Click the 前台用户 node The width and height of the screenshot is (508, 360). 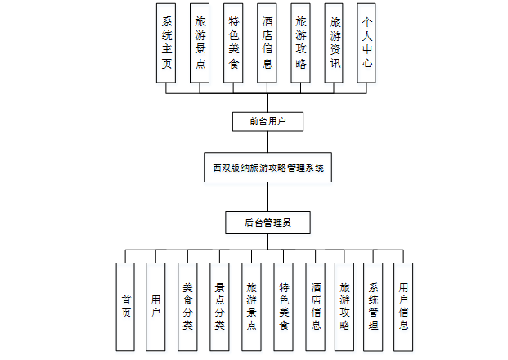(268, 121)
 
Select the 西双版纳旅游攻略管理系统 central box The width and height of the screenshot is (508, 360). (268, 169)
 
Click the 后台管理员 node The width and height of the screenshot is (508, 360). (268, 222)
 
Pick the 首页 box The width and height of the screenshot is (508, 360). (125, 306)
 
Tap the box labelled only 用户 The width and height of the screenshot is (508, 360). (155, 306)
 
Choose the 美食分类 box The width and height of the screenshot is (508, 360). (187, 306)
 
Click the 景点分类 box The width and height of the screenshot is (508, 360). (219, 306)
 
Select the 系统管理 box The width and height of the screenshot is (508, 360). (373, 306)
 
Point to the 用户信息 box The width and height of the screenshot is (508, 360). (403, 306)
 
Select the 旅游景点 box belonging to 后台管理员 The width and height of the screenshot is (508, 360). (251, 306)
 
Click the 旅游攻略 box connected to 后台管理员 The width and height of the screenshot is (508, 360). (344, 306)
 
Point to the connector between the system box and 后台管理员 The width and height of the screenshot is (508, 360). (268, 196)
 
